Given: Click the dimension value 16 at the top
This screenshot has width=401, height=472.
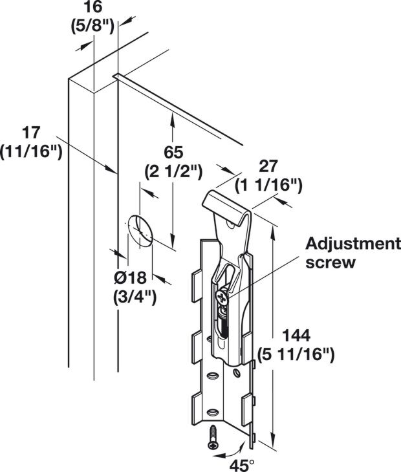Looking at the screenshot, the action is tap(93, 7).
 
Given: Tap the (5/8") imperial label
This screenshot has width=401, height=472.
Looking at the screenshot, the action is tap(92, 27).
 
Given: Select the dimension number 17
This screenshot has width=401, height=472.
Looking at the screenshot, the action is tap(31, 133).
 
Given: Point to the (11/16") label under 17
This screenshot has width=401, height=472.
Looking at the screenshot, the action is tap(31, 151).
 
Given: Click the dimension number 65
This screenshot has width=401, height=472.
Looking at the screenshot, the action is tap(173, 152).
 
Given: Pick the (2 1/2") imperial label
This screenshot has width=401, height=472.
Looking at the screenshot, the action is tap(173, 171).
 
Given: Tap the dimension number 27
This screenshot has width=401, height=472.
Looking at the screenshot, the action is tap(268, 166).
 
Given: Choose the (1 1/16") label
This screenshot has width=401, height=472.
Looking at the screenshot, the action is tap(268, 185).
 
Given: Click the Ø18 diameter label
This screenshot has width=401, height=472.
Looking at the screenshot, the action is tap(131, 277).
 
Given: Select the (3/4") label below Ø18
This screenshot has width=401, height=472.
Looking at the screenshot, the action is tap(135, 297).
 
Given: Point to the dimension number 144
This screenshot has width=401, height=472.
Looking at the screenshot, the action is tap(296, 336).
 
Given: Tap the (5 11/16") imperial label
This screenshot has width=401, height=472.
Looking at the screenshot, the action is tap(296, 354).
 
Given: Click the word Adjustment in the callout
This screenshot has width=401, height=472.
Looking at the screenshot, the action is tap(353, 244).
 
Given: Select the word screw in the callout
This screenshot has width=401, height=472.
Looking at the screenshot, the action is tap(331, 263).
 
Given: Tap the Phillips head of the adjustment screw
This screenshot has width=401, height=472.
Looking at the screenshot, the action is tap(222, 298).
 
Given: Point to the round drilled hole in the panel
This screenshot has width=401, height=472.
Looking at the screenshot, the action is tap(140, 231).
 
